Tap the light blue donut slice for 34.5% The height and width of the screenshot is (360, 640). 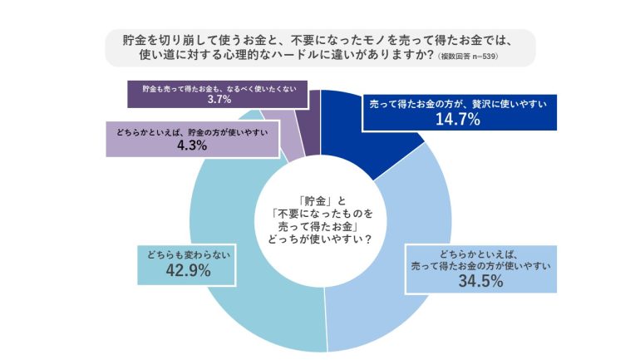point(391,274)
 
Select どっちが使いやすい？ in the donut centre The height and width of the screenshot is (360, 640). point(321,240)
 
